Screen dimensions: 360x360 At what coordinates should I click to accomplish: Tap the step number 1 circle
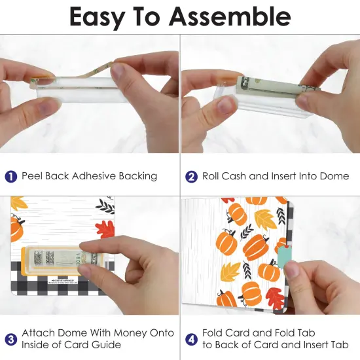click(x=11, y=176)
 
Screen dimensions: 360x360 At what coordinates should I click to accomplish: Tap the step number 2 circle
click(x=192, y=176)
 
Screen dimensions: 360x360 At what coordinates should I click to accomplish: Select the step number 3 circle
click(x=11, y=338)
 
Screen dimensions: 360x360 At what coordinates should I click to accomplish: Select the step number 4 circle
click(x=192, y=338)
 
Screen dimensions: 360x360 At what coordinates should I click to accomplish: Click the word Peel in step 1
click(x=33, y=176)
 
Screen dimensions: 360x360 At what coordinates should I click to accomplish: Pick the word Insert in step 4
click(x=310, y=344)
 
